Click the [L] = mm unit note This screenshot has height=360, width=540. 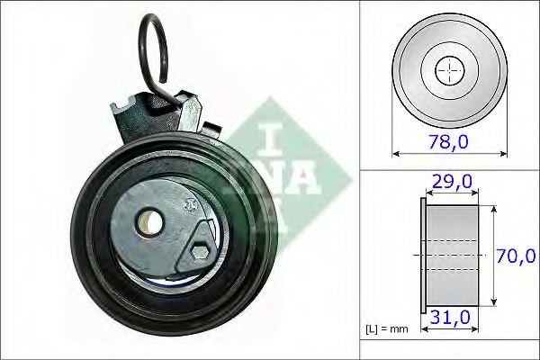(x=387, y=328)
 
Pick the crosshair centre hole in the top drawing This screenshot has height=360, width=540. (x=447, y=70)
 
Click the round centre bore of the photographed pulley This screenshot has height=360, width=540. (x=150, y=221)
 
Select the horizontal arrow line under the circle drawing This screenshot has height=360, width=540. (x=447, y=153)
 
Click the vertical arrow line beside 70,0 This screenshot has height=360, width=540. (x=493, y=256)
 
